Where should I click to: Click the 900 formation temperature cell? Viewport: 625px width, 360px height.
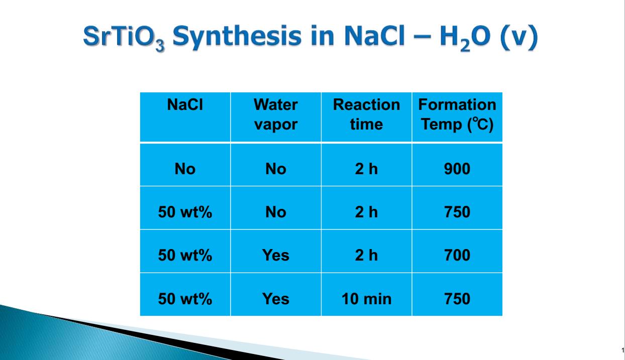(x=457, y=169)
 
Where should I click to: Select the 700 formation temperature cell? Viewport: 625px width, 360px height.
(x=457, y=255)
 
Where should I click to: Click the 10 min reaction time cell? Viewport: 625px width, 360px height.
(x=366, y=299)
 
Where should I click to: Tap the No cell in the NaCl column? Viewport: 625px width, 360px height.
(x=185, y=169)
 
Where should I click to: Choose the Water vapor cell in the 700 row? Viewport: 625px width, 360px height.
(x=276, y=255)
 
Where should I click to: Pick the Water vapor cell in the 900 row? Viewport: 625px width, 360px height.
(x=276, y=169)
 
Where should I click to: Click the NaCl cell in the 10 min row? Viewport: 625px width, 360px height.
(x=185, y=299)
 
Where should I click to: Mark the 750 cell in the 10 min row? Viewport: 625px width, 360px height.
(x=457, y=299)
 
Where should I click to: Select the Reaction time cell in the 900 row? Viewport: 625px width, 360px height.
(x=366, y=169)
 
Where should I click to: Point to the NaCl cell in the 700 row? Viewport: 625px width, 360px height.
(x=185, y=255)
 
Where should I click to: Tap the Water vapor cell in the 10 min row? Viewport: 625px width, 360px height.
(x=276, y=299)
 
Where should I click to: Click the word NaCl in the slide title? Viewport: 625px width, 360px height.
(x=374, y=36)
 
